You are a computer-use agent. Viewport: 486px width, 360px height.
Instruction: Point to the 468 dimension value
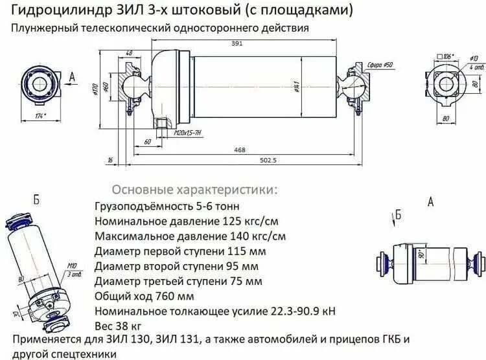[240, 150]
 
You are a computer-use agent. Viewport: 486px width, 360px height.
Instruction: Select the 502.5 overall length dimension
[266, 160]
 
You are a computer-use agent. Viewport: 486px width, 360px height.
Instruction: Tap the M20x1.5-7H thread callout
[187, 133]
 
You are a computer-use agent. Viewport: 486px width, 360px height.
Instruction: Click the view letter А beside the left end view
[72, 77]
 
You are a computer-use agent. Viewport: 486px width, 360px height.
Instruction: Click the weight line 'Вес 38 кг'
[118, 326]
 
